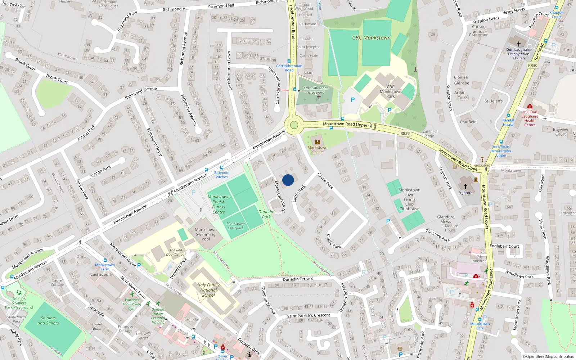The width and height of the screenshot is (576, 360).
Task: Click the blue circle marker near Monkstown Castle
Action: pyautogui.click(x=288, y=180)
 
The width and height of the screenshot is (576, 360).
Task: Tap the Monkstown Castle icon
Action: pyautogui.click(x=318, y=142)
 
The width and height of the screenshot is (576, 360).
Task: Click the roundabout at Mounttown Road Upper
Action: pyautogui.click(x=294, y=125)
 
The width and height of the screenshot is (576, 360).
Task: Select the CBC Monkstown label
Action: pyautogui.click(x=371, y=37)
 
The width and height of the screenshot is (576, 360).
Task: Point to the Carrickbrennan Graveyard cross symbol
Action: pyautogui.click(x=319, y=97)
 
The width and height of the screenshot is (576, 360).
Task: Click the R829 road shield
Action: pyautogui.click(x=405, y=133)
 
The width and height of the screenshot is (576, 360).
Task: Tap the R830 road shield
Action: pyautogui.click(x=532, y=66)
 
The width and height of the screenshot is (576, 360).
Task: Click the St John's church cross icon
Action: pyautogui.click(x=465, y=186)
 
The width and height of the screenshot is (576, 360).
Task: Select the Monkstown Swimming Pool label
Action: pyautogui.click(x=206, y=234)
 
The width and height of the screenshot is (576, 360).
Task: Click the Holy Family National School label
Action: pyautogui.click(x=208, y=290)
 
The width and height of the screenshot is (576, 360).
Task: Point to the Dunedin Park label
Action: pyautogui.click(x=266, y=214)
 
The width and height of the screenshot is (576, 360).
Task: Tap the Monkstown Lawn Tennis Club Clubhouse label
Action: pyautogui.click(x=409, y=199)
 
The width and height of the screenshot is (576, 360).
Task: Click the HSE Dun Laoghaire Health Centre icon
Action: pyautogui.click(x=530, y=107)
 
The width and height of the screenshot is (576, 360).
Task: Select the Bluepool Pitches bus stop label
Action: pyautogui.click(x=222, y=175)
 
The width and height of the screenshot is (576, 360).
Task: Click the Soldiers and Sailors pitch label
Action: pyautogui.click(x=48, y=320)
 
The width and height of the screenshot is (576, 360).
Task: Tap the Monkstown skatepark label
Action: pyautogui.click(x=236, y=226)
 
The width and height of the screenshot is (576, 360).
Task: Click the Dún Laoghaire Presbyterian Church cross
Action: pyautogui.click(x=519, y=44)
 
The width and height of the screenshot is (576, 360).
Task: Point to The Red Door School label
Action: pyautogui.click(x=176, y=252)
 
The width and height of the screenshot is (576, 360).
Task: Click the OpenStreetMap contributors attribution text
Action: pyautogui.click(x=548, y=357)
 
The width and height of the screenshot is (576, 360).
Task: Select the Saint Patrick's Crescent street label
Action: pyautogui.click(x=309, y=316)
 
